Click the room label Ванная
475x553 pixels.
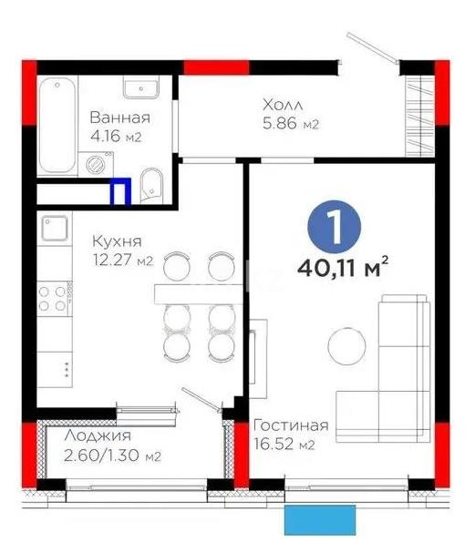[x=119, y=118]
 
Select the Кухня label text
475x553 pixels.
[x=117, y=241]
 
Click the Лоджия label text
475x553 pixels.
[x=98, y=435]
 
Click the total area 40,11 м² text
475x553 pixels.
[x=343, y=269]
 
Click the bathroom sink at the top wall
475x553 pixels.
[x=139, y=88]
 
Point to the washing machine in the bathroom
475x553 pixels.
[x=98, y=164]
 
